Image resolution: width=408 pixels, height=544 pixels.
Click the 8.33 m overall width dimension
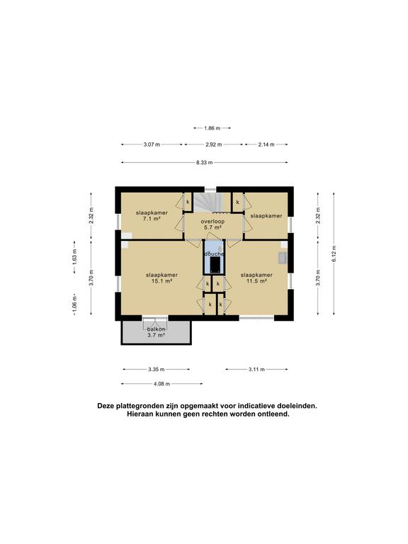(x=204, y=162)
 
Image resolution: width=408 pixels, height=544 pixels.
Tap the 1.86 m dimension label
(x=212, y=128)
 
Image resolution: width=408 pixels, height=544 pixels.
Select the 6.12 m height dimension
(x=334, y=254)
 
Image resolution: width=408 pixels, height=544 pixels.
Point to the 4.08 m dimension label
(x=161, y=384)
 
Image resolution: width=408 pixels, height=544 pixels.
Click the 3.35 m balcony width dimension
(x=156, y=369)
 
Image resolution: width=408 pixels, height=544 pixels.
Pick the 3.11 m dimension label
(x=256, y=369)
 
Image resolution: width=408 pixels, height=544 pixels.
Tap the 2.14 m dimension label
(x=266, y=144)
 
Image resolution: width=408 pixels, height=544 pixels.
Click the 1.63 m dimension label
(x=74, y=258)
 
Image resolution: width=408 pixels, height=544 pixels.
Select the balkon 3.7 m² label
(x=156, y=332)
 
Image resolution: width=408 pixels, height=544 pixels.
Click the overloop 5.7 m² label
(x=212, y=225)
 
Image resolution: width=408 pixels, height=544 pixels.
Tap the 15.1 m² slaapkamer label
(x=162, y=278)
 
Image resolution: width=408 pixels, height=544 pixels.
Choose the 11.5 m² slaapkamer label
(x=256, y=278)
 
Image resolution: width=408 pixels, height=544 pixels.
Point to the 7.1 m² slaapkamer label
(x=152, y=216)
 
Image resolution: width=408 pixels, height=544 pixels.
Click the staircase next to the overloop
(x=208, y=203)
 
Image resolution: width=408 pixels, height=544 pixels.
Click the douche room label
(x=214, y=254)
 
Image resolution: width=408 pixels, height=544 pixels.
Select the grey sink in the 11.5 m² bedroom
(x=283, y=259)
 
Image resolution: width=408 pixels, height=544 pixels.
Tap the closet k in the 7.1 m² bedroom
(x=188, y=202)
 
